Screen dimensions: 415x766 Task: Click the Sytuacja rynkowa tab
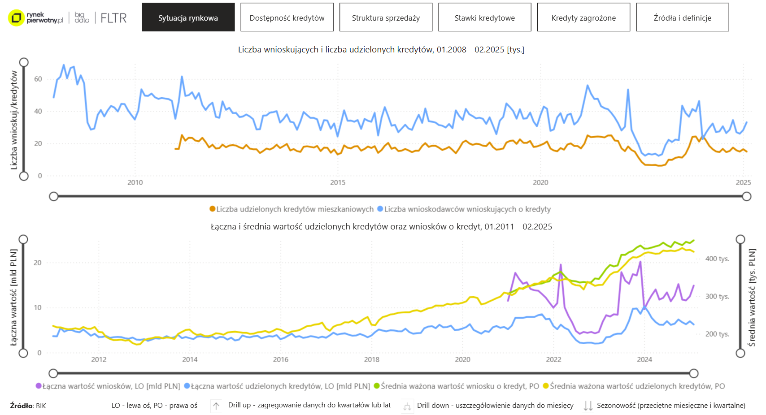[x=188, y=17]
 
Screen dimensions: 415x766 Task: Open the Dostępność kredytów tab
[x=287, y=17]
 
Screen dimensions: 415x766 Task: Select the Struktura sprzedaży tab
[x=386, y=17]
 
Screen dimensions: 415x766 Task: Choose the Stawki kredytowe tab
[x=485, y=17]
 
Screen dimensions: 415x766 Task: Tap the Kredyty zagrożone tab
[x=583, y=17]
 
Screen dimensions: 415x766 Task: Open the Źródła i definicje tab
[x=682, y=17]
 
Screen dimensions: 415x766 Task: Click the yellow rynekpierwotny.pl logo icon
[x=17, y=18]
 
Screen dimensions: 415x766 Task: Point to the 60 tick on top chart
[x=38, y=79]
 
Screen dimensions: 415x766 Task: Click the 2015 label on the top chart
[x=338, y=182]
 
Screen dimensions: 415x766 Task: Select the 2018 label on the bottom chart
[x=371, y=359]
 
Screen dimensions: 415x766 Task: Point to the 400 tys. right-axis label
[x=717, y=259]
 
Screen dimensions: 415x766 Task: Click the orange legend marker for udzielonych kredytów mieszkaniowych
[x=213, y=209]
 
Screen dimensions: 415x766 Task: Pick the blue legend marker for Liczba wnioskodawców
[x=380, y=209]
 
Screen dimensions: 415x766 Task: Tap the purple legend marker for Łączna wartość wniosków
[x=39, y=386]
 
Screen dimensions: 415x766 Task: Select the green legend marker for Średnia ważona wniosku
[x=377, y=386]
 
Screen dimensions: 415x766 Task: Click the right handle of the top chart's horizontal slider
[x=747, y=196]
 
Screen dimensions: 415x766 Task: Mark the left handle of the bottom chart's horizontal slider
[x=53, y=373]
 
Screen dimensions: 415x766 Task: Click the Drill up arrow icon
[x=216, y=406]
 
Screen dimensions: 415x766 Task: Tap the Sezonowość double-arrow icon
[x=588, y=406]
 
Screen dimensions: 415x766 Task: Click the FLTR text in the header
[x=113, y=18]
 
